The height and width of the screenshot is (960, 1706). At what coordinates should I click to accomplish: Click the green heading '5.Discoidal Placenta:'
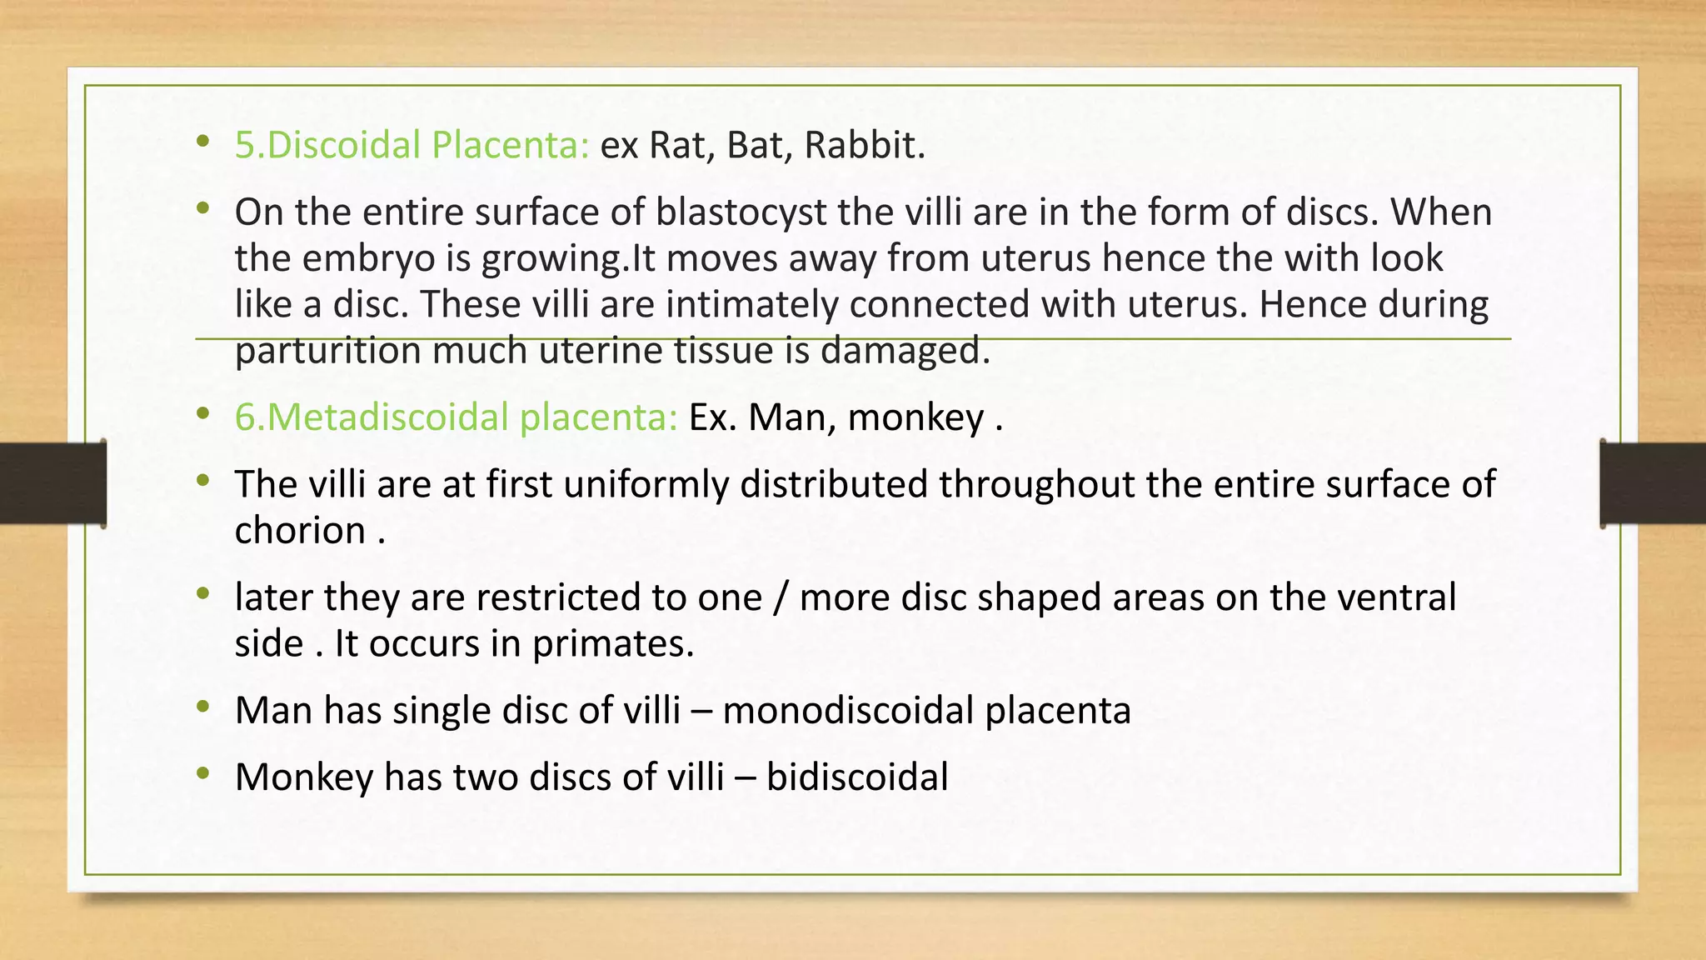(x=412, y=145)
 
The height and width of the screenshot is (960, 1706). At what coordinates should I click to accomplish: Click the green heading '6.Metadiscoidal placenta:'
(x=456, y=417)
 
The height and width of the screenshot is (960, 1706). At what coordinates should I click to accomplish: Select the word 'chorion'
(x=300, y=530)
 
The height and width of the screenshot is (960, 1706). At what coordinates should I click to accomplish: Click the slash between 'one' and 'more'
(x=781, y=597)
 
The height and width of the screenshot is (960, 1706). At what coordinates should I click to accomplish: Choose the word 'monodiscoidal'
(x=848, y=710)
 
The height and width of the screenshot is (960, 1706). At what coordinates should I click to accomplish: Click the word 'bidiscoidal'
(x=857, y=777)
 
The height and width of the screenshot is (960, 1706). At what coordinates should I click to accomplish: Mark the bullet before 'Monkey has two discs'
(x=203, y=775)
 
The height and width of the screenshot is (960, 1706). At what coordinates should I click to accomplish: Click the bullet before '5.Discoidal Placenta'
(x=203, y=142)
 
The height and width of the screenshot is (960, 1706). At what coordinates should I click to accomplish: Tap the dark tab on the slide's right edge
(x=1653, y=483)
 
